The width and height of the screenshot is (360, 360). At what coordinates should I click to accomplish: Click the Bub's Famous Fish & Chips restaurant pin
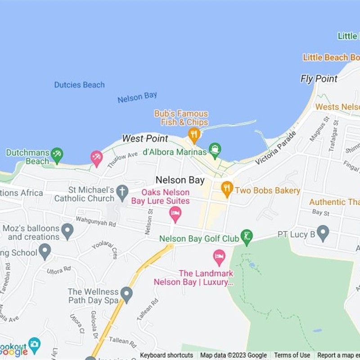point(194,134)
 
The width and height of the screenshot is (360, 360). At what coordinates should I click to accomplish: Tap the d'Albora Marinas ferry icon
point(215,149)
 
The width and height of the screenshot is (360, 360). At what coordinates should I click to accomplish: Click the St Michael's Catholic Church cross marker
point(122,192)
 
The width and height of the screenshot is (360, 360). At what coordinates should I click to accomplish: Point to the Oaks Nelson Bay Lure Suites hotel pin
point(175,213)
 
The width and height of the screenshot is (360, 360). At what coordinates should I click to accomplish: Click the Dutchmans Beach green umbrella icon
point(57,155)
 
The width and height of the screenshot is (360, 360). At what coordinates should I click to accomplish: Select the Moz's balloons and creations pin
point(67,231)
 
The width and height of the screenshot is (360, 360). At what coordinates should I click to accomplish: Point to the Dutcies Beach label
point(79,85)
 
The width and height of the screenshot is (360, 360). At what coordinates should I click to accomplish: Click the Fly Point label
point(319,79)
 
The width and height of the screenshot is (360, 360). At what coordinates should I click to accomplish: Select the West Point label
point(145,139)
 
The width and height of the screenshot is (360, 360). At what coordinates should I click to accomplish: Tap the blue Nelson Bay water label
point(137,97)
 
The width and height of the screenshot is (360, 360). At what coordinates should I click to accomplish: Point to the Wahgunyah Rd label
point(96,221)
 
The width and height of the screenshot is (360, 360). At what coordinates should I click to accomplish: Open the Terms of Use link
point(292,355)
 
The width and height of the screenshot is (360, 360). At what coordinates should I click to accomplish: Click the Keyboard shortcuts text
point(166,355)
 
